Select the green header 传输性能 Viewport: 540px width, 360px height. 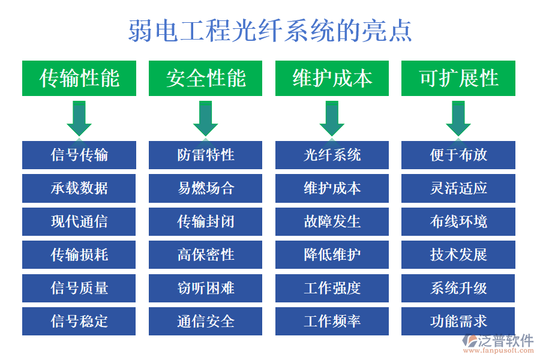tap(79, 78)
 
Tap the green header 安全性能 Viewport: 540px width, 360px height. tap(206, 78)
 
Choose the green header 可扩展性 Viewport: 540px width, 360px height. tap(458, 78)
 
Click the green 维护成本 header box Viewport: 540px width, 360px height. tap(332, 78)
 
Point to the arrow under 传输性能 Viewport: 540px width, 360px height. tap(79, 118)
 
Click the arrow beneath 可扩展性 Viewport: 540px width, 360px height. tap(458, 118)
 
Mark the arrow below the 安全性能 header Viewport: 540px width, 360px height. tap(206, 118)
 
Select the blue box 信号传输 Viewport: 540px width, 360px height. tap(79, 155)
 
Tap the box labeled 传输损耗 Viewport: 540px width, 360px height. tap(79, 254)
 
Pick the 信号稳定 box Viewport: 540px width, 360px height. tap(79, 321)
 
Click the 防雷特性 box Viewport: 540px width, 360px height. tap(206, 155)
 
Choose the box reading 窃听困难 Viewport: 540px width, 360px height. tap(206, 288)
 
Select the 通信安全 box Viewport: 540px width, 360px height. tap(206, 321)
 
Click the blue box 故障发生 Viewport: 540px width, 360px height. tap(332, 221)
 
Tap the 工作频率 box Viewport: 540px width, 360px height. tap(332, 321)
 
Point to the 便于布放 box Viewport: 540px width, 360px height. tap(458, 155)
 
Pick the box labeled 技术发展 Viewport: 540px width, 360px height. tap(458, 254)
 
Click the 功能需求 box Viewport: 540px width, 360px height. tap(458, 321)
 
